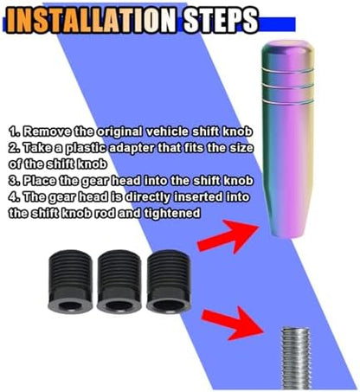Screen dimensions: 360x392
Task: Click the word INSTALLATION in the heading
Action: click(92, 21)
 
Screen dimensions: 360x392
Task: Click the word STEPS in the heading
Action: click(221, 20)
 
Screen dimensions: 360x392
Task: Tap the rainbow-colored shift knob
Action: click(287, 139)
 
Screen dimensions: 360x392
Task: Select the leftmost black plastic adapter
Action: click(70, 281)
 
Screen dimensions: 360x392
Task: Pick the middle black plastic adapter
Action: click(119, 281)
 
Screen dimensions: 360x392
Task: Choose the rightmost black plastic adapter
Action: click(169, 281)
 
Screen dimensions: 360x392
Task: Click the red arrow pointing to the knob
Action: click(228, 235)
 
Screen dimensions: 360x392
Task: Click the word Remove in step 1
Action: click(47, 132)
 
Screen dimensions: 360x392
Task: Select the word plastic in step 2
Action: click(87, 148)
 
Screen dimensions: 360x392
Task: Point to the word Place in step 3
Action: click(40, 181)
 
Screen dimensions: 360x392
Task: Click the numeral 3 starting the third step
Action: click(13, 181)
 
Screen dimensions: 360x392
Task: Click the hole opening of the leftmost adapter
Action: click(70, 305)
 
